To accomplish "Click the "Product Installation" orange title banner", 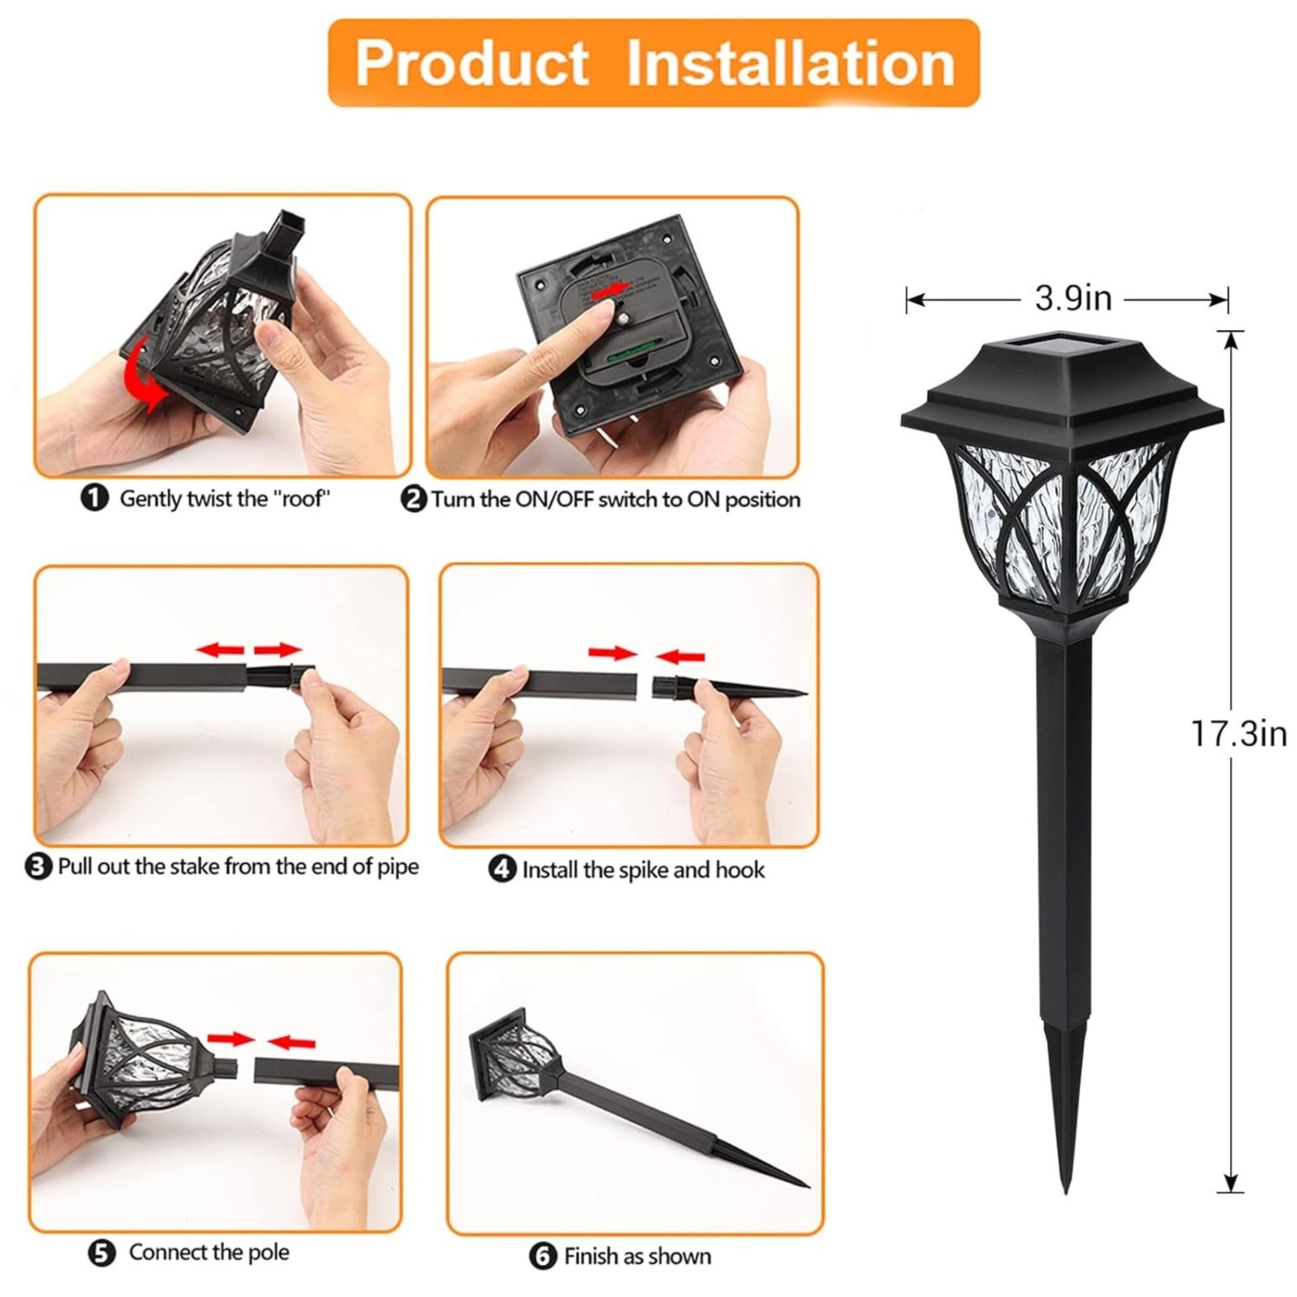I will [653, 63].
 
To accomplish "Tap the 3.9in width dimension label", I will [1073, 299].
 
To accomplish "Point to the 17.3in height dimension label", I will [1238, 733].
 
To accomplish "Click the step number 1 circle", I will [95, 498].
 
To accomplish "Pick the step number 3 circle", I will [38, 866].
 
